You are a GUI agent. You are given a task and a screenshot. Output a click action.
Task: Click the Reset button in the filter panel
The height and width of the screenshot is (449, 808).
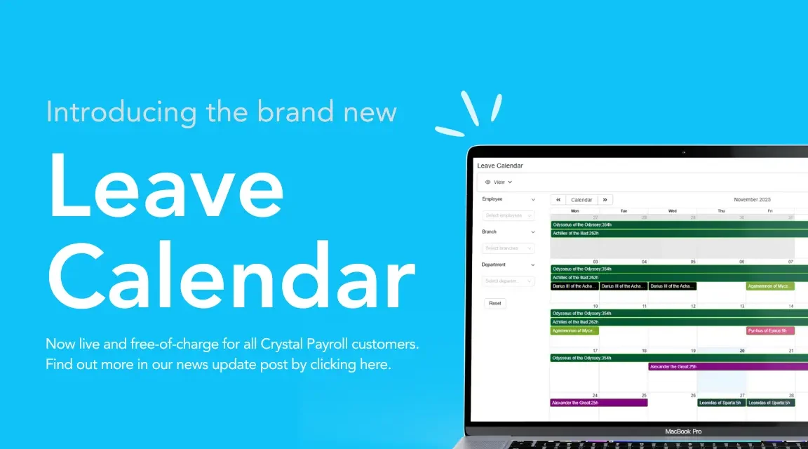coord(495,303)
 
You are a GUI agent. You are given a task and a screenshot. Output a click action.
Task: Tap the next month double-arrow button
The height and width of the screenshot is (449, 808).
coord(605,200)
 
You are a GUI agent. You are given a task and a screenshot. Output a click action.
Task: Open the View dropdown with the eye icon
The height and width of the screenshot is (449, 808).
coord(498,182)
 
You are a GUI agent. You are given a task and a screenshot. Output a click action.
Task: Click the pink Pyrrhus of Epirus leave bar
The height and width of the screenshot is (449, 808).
coord(769,330)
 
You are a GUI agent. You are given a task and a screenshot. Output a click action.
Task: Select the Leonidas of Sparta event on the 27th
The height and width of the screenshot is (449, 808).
coord(720,403)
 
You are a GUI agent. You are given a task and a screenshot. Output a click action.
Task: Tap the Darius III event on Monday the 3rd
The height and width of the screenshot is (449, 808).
coord(574,286)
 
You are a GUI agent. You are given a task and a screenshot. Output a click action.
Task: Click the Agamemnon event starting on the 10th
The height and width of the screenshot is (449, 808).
coord(574,330)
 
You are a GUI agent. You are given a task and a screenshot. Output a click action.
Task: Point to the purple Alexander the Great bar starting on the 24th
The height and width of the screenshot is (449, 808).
coord(598,403)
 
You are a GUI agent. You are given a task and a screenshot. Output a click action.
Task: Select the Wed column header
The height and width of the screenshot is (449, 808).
coord(672,210)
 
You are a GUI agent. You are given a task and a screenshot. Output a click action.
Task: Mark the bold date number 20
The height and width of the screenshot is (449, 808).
coord(741,351)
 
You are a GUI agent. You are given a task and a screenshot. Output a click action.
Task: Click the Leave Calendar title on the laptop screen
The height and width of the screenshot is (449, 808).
coord(500,166)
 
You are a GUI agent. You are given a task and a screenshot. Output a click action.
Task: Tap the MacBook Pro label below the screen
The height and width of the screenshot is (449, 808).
coord(683,431)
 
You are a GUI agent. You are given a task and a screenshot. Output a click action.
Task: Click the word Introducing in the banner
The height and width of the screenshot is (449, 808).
coord(121,112)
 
